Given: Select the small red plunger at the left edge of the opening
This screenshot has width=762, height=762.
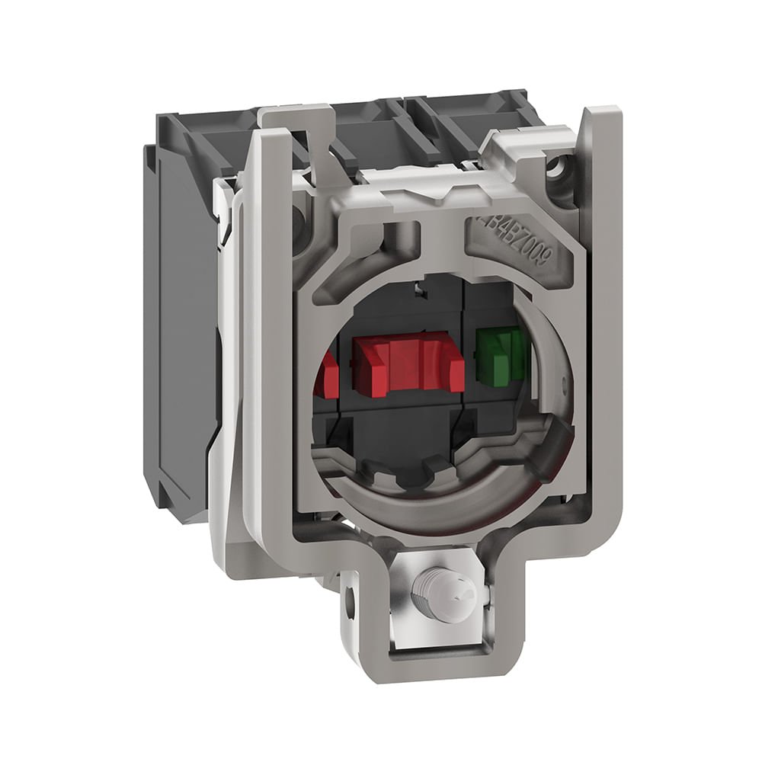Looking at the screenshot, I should coord(328,373).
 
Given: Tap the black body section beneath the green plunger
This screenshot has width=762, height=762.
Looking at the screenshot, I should coord(499,427).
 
